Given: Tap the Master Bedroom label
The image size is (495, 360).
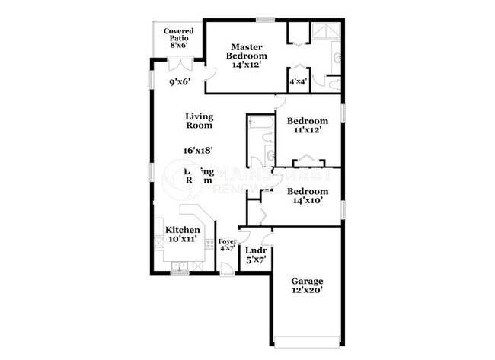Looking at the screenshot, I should point(249,51).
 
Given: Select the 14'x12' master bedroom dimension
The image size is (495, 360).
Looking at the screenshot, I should point(249,66).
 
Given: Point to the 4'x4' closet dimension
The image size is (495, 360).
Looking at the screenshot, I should point(298,81).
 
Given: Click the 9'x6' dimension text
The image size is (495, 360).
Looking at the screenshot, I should point(179,81).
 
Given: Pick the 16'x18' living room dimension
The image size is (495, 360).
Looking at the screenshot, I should point(198,151).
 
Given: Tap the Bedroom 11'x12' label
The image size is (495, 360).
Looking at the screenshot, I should point(308,126).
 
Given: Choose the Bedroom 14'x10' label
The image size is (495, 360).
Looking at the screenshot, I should point(308,196).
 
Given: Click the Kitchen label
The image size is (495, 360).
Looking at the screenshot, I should point(183,230).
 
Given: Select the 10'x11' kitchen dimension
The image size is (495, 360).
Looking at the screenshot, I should point(183,240).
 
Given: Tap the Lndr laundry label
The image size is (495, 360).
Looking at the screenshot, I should point(254,250).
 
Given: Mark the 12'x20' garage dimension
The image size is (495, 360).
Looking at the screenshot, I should point(307,290).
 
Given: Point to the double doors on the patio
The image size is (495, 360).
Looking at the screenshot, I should point(179,46).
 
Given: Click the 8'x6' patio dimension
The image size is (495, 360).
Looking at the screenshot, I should point(178,45).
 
